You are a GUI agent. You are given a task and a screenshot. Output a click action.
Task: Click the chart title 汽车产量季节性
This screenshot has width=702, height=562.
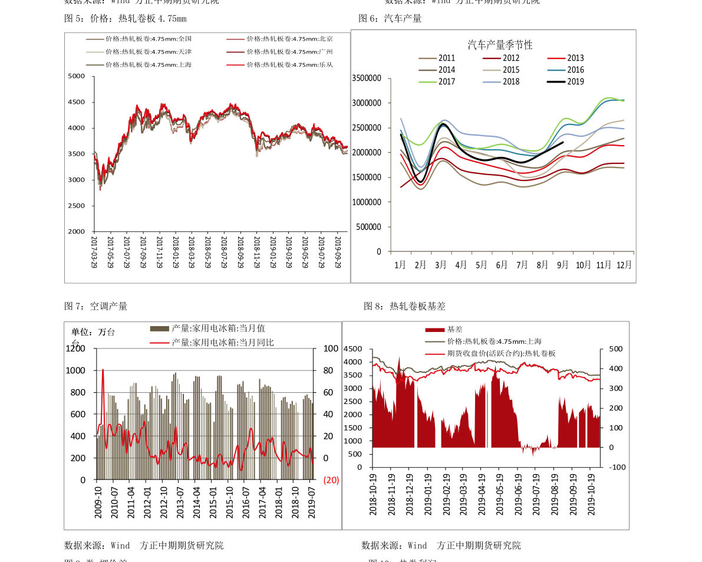500,45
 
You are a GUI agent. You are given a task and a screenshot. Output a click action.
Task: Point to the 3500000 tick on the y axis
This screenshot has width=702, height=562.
366,78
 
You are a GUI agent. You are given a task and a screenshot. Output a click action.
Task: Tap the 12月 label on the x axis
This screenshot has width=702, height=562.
624,265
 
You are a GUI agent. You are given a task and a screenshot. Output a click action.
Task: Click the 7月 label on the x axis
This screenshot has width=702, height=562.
522,265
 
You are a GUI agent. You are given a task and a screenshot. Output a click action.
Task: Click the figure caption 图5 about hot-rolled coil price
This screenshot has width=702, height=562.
125,18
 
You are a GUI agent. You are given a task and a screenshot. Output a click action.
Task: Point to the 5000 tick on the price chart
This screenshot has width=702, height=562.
77,76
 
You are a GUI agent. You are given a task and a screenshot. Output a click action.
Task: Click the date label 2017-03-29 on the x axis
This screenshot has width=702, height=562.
94,252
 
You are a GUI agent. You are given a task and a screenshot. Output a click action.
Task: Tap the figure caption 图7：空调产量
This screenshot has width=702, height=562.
95,306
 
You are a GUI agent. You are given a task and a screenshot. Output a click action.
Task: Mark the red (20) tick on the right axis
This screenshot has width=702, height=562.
331,480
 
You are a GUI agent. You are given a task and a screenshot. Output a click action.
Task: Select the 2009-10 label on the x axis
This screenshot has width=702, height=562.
99,502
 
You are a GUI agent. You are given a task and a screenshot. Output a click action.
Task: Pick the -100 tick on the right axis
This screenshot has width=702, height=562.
617,467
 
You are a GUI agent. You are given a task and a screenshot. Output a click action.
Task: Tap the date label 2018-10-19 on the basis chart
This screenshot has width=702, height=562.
373,494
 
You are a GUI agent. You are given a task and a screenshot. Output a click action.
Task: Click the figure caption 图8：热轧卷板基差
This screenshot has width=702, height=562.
404,306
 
